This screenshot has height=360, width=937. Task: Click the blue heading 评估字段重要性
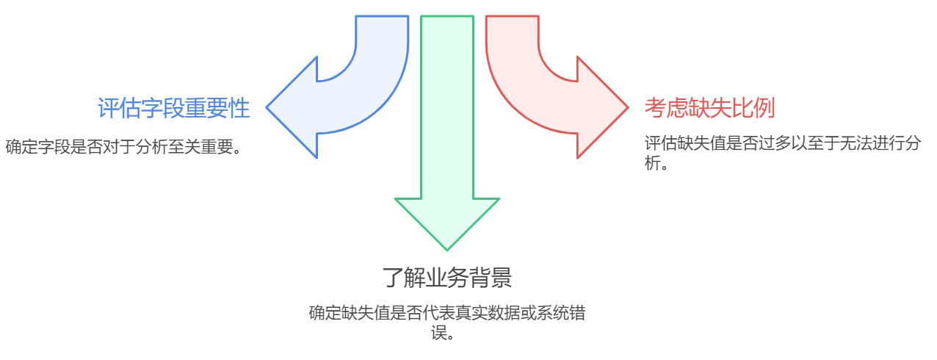[x=173, y=108]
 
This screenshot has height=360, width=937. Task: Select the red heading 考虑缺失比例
[x=710, y=108]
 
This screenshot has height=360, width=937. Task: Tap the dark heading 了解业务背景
[x=446, y=278]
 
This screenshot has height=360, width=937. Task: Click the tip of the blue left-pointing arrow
[x=267, y=107]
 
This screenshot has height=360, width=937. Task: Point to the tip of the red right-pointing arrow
[x=629, y=107]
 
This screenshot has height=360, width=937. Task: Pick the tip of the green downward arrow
[x=447, y=251]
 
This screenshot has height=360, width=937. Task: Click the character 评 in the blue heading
[x=109, y=108]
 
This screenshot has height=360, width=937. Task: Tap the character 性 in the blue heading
[x=239, y=108]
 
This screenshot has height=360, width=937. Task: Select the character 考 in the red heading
[x=656, y=108]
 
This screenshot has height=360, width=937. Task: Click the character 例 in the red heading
[x=764, y=108]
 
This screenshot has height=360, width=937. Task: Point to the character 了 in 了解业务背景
[x=393, y=278]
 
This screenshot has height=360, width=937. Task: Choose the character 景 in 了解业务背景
[x=501, y=278]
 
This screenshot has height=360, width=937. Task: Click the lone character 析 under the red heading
[x=653, y=163]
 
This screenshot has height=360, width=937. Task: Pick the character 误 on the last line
[x=439, y=334]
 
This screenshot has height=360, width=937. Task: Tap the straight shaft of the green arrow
[x=447, y=107]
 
